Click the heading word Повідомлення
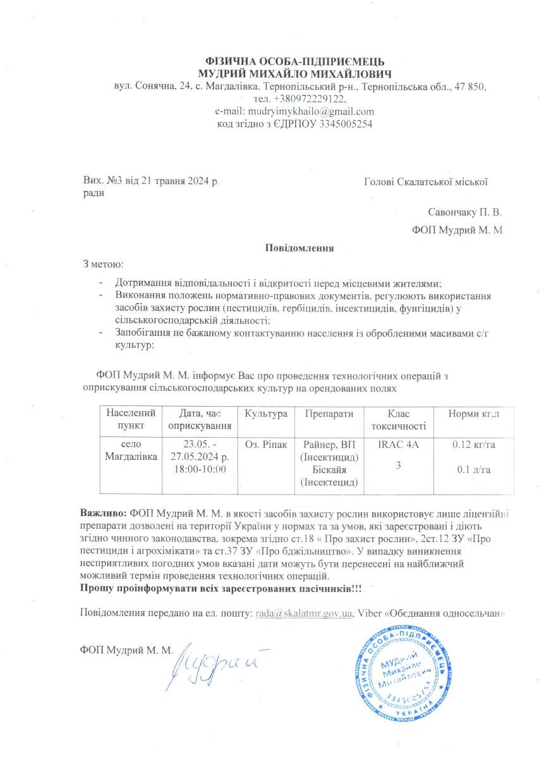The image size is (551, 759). (300, 248)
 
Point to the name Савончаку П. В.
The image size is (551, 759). (464, 213)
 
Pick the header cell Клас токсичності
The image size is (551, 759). (399, 420)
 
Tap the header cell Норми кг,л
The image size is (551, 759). (474, 414)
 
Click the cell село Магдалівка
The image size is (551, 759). (131, 450)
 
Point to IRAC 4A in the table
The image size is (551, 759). (398, 445)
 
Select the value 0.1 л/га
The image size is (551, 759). (473, 469)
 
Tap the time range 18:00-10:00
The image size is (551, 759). (198, 469)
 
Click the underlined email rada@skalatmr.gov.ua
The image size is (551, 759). (304, 613)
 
